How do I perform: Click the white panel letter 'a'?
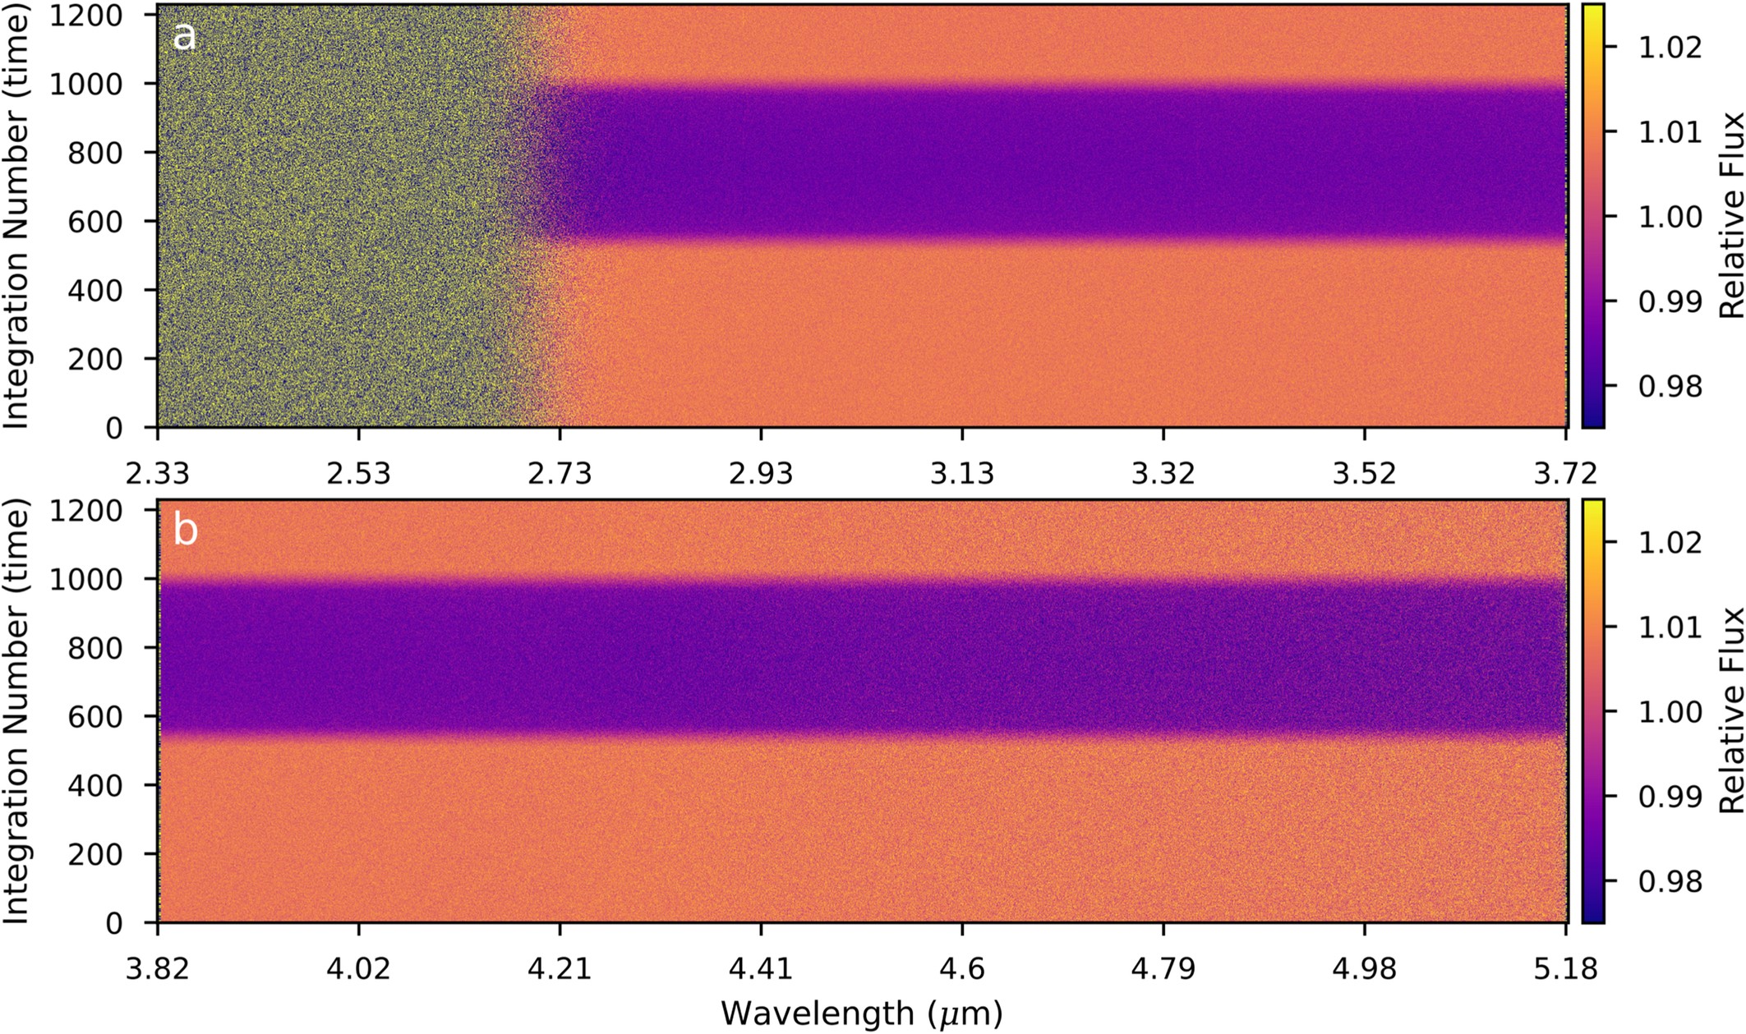(185, 38)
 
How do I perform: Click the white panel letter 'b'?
(186, 531)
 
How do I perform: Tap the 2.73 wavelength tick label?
(560, 474)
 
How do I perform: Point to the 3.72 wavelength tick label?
(1564, 474)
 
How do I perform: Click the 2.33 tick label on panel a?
(158, 474)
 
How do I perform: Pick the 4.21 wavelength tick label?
(560, 969)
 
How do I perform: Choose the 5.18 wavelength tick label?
(1564, 969)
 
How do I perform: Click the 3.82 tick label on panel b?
(158, 969)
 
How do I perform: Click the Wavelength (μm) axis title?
(862, 1013)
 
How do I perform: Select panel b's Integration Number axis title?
(16, 711)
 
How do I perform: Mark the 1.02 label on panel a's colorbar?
(1670, 47)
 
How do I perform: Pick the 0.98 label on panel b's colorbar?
(1670, 882)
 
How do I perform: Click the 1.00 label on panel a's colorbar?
(1670, 217)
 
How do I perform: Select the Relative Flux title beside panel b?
(1730, 711)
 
